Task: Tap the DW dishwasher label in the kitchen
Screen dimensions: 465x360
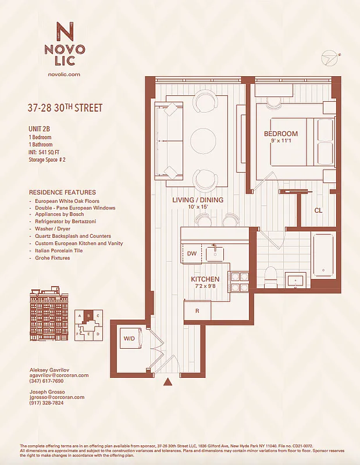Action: click(192, 253)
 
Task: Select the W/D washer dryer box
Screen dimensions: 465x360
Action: click(129, 338)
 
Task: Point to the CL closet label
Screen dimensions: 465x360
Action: click(318, 210)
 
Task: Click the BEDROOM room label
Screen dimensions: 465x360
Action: click(281, 134)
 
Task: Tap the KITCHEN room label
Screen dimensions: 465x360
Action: click(205, 279)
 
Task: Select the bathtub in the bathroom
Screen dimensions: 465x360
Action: click(323, 255)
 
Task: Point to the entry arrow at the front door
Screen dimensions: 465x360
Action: click(168, 382)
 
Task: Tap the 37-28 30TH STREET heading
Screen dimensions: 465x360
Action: click(65, 108)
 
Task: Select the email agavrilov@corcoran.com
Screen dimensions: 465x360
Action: click(59, 375)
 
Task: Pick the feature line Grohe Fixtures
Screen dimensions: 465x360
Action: click(52, 258)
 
